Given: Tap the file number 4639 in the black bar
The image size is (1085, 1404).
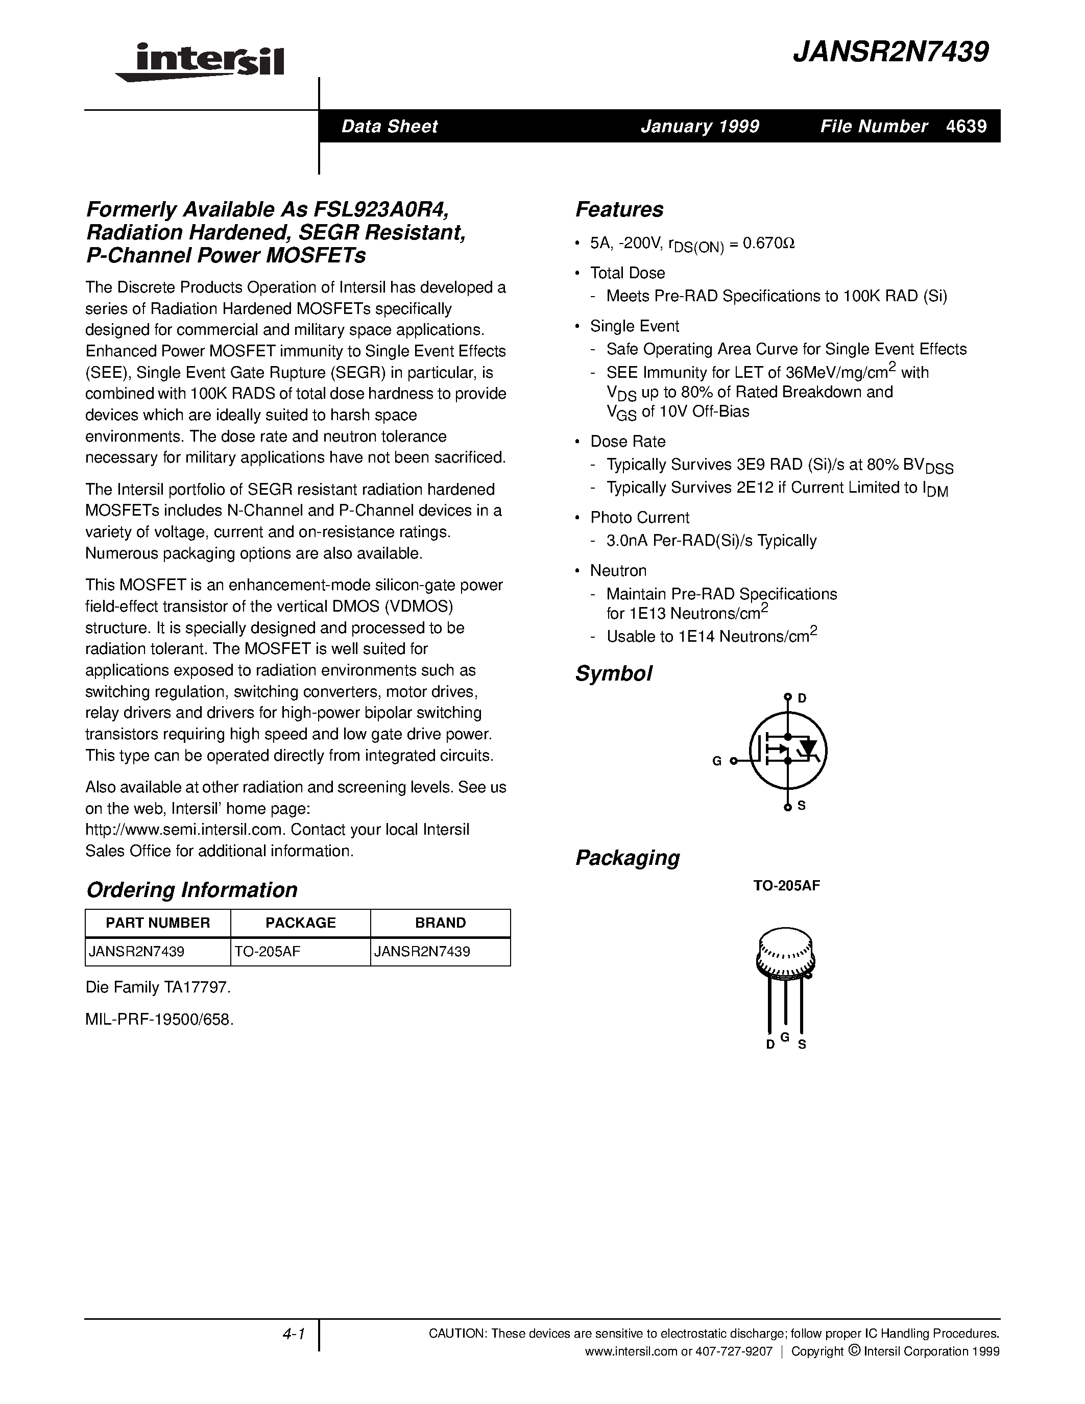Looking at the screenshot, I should click(x=966, y=126).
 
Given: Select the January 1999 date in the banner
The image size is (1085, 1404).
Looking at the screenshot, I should click(x=700, y=126).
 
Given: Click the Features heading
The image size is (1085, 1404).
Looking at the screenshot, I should click(x=619, y=209).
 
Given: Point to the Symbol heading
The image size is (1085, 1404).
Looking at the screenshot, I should click(x=613, y=674).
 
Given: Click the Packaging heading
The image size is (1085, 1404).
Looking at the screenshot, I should click(x=628, y=858).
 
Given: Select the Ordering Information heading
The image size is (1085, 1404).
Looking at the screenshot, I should click(x=191, y=890).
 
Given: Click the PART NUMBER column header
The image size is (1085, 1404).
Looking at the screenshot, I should click(x=157, y=923).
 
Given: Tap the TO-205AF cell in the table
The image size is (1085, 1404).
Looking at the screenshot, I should click(x=268, y=952).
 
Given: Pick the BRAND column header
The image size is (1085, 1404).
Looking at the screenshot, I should click(x=440, y=923).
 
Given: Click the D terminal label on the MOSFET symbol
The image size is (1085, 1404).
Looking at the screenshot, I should click(x=802, y=698).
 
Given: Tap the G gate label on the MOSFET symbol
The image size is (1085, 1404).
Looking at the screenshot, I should click(x=717, y=761).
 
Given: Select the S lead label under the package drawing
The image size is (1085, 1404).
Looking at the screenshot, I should click(x=802, y=1045).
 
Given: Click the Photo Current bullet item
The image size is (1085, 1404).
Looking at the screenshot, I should click(x=640, y=518).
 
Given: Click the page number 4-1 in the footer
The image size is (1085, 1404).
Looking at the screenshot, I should click(x=293, y=1335).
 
